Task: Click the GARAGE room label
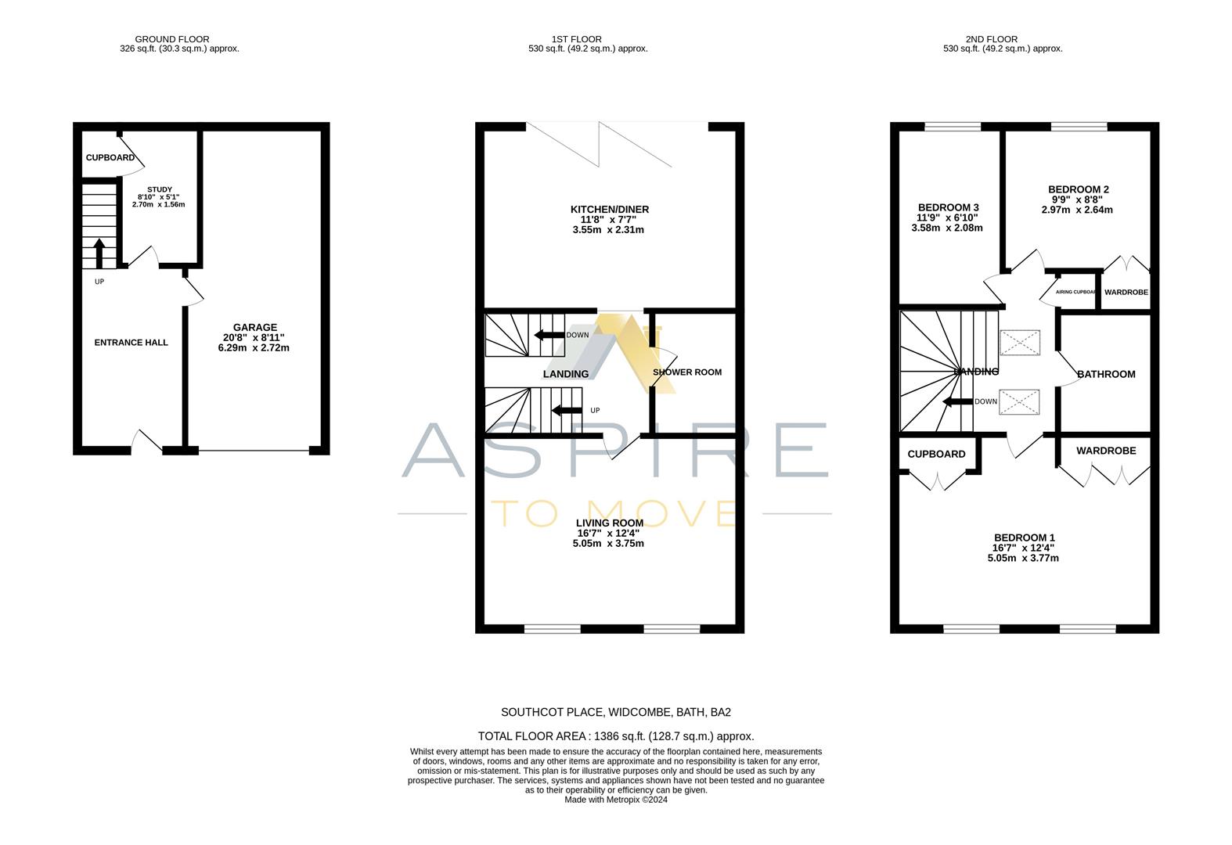pyautogui.click(x=254, y=327)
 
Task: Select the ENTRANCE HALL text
pyautogui.click(x=131, y=342)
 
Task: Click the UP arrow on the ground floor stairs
pyautogui.click(x=99, y=253)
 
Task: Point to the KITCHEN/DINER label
pyautogui.click(x=609, y=210)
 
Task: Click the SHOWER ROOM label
pyautogui.click(x=687, y=372)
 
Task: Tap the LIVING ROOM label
pyautogui.click(x=609, y=523)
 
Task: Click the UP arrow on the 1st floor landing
pyautogui.click(x=567, y=410)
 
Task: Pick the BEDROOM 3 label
pyautogui.click(x=948, y=207)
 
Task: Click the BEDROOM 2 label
pyautogui.click(x=1078, y=189)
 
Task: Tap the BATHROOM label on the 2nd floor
pyautogui.click(x=1106, y=374)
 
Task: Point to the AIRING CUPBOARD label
pyautogui.click(x=1076, y=292)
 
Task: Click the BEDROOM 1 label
pyautogui.click(x=1024, y=538)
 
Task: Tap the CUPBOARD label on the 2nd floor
pyautogui.click(x=936, y=454)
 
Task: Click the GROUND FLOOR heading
pyautogui.click(x=172, y=39)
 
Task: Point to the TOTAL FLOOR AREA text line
pyautogui.click(x=615, y=736)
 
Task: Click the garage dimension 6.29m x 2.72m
pyautogui.click(x=254, y=347)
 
